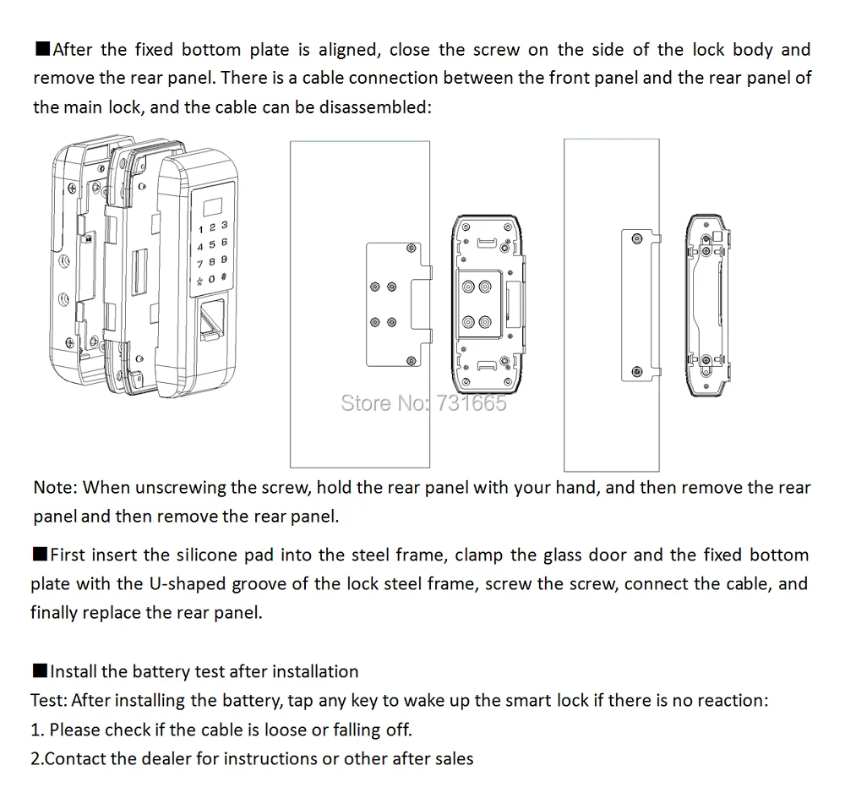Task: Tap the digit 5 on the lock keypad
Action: point(212,244)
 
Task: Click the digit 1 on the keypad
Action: point(199,227)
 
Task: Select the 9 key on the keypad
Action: point(224,260)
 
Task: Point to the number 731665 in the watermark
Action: point(469,402)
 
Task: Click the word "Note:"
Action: point(56,487)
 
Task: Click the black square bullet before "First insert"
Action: point(39,555)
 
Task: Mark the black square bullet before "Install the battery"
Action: point(39,671)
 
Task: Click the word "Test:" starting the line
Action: point(49,700)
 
